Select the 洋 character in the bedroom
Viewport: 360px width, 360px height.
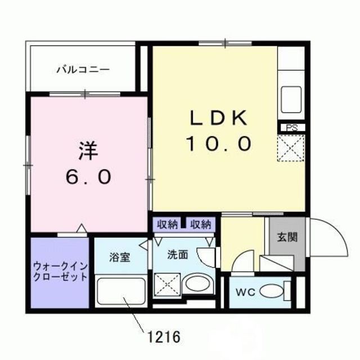tap(88, 150)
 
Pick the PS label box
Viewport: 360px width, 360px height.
tap(291, 128)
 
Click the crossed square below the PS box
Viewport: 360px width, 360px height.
tap(291, 147)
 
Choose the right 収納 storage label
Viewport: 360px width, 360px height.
tap(200, 224)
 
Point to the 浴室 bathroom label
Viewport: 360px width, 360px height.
tap(120, 258)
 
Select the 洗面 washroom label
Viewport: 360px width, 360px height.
tap(178, 254)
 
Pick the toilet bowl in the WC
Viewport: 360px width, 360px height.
tap(274, 292)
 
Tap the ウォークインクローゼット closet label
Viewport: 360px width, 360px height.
tap(60, 272)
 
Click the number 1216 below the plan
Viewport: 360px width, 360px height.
tap(164, 337)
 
